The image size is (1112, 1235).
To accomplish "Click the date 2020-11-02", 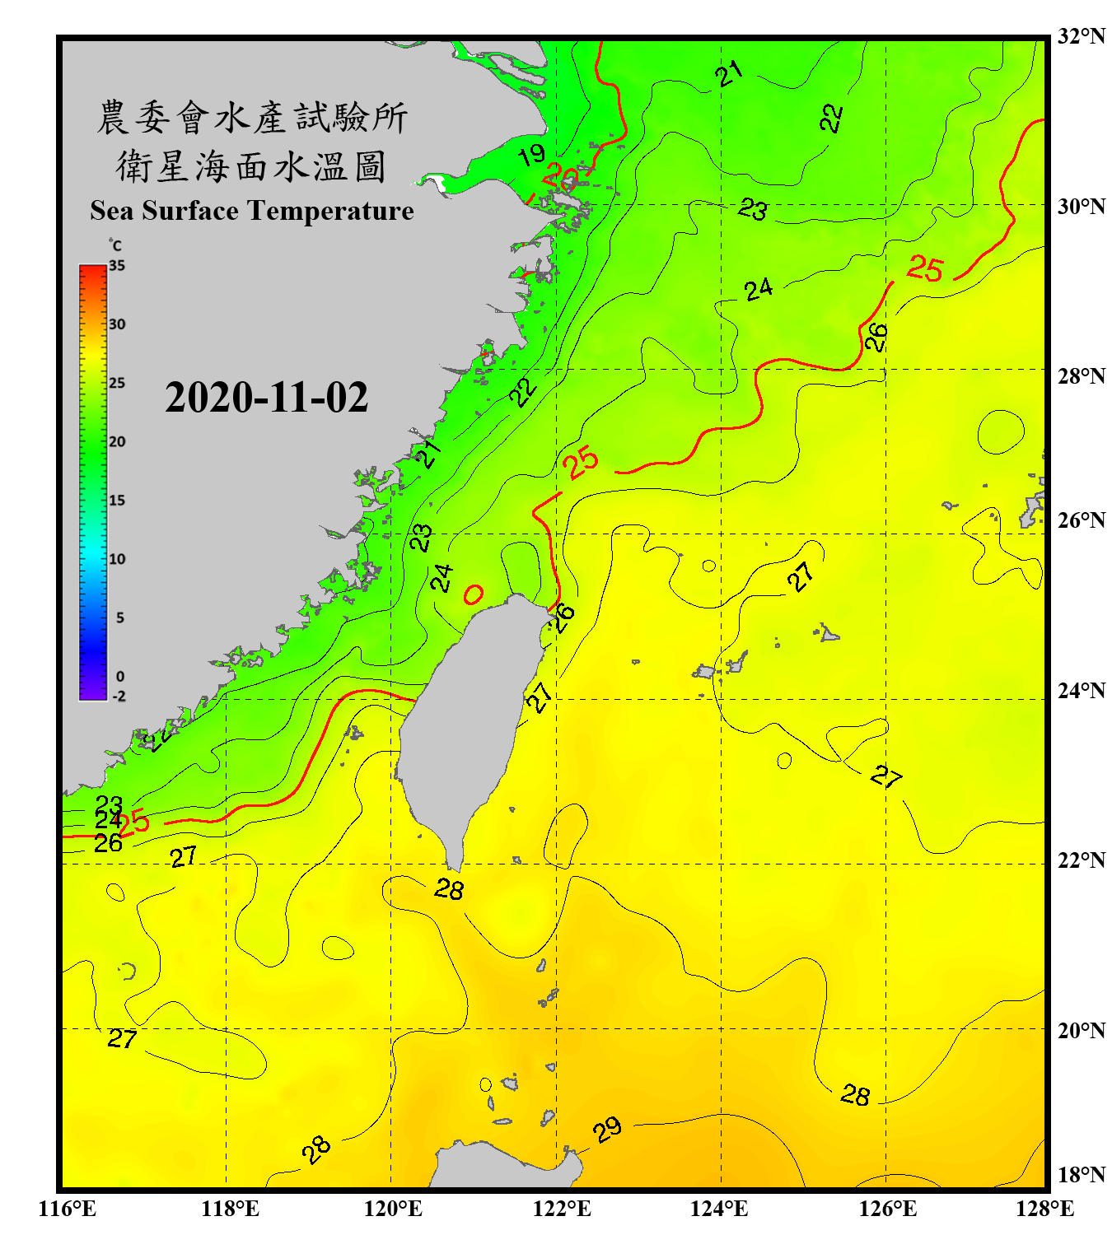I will (x=266, y=398).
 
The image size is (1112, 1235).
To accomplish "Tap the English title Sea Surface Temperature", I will (x=252, y=211).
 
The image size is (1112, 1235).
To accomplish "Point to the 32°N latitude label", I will (x=1081, y=36).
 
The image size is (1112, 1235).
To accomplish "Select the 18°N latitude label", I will (x=1081, y=1174).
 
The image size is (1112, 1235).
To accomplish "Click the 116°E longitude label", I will (x=67, y=1209).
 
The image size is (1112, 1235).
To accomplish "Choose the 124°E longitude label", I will (x=719, y=1209).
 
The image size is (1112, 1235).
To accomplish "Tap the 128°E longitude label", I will (x=1044, y=1209).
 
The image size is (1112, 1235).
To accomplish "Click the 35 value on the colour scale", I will (x=117, y=266).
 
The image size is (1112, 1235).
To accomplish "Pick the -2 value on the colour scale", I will (x=119, y=697).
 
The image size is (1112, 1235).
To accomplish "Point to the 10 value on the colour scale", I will (x=117, y=559).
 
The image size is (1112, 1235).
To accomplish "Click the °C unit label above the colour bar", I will (x=115, y=245).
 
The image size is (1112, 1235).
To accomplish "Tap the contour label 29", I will (x=607, y=1130).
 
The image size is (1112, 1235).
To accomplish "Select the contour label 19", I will (x=532, y=154).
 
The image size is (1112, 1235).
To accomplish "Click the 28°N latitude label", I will (x=1081, y=376).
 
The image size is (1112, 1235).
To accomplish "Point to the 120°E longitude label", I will (x=393, y=1209).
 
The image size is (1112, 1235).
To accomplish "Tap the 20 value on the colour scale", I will (x=117, y=441).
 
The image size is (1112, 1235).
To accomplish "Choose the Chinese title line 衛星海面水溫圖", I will (x=251, y=166).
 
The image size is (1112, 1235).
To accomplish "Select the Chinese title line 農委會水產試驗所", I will (x=252, y=118).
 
